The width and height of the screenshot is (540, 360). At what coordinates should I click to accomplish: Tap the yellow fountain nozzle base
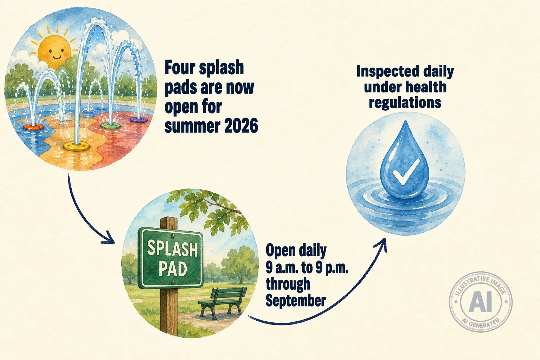click(76, 146)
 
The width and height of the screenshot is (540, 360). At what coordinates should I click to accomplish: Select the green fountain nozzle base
click(111, 126)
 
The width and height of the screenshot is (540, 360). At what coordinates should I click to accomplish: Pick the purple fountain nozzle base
click(139, 120)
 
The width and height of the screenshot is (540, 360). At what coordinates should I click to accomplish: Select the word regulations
click(405, 103)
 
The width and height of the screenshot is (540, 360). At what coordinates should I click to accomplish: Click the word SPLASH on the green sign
click(172, 248)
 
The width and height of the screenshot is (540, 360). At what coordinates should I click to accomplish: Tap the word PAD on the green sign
click(173, 269)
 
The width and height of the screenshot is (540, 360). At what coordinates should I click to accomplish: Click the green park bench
click(223, 301)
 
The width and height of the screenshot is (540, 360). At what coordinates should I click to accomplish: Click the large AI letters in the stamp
click(480, 302)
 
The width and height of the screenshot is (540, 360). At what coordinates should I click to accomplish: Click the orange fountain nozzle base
click(33, 127)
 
